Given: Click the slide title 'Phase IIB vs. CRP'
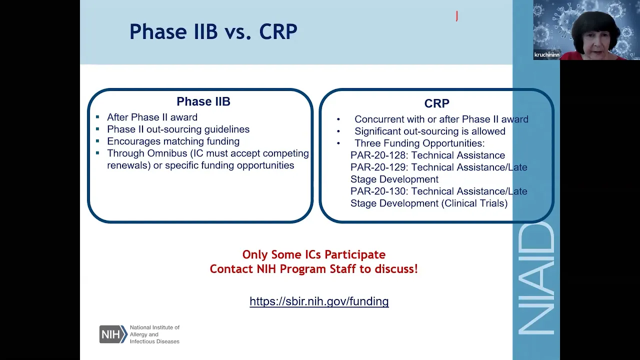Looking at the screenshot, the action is [x=213, y=31].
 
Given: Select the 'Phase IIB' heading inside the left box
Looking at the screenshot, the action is [x=203, y=101].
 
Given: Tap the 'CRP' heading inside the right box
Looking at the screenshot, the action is [x=436, y=103].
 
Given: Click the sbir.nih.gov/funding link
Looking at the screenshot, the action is [x=319, y=301].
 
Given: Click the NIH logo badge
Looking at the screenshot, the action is [x=113, y=334].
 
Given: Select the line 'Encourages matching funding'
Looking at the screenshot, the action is [x=173, y=141].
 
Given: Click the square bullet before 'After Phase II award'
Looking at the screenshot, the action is [x=97, y=117].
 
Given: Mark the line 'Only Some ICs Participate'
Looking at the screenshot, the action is [x=314, y=254].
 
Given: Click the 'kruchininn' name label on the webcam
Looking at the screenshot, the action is [x=546, y=55].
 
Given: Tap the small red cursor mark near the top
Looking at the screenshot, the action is [x=457, y=16].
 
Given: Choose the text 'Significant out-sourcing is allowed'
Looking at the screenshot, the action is [x=430, y=131].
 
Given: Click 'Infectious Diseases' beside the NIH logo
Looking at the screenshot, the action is [x=154, y=341].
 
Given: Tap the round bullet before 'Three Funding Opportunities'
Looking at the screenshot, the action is [x=338, y=143].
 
